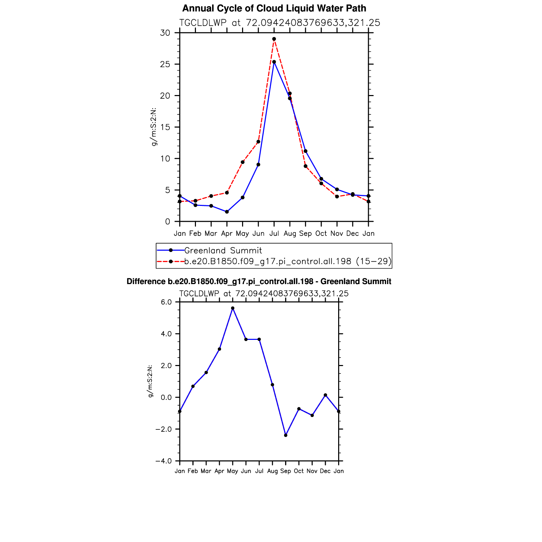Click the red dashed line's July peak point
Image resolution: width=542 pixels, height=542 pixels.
pyautogui.click(x=274, y=39)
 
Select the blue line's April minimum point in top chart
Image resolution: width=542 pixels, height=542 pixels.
pyautogui.click(x=227, y=212)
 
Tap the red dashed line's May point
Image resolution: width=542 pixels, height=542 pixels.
pyautogui.click(x=242, y=162)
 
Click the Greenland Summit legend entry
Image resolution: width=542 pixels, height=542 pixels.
pyautogui.click(x=223, y=251)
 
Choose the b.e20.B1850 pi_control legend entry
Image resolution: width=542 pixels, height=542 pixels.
pyautogui.click(x=288, y=261)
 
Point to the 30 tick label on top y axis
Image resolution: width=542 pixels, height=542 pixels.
pyautogui.click(x=165, y=33)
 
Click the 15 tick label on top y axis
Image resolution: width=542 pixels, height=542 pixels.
pyautogui.click(x=165, y=127)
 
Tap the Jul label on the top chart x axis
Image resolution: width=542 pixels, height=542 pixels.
pyautogui.click(x=274, y=233)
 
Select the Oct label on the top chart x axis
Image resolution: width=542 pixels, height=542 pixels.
pyautogui.click(x=321, y=233)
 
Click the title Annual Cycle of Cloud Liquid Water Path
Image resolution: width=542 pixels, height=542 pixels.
pyautogui.click(x=274, y=8)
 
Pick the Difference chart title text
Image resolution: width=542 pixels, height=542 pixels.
pyautogui.click(x=259, y=282)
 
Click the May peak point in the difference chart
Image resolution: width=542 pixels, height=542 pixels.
pyautogui.click(x=233, y=308)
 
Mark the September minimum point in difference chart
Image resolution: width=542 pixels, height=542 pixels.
pyautogui.click(x=286, y=435)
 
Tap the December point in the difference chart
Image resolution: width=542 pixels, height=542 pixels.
pyautogui.click(x=325, y=395)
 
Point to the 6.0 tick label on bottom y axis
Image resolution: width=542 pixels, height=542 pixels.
pyautogui.click(x=166, y=302)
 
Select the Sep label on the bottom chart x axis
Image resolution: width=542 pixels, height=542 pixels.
pyautogui.click(x=286, y=471)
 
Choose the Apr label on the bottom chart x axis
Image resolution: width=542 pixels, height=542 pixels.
pyautogui.click(x=219, y=471)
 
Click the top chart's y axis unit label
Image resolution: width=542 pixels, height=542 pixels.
pyautogui.click(x=154, y=127)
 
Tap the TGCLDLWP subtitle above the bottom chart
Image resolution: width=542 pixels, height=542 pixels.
pyautogui.click(x=264, y=294)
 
